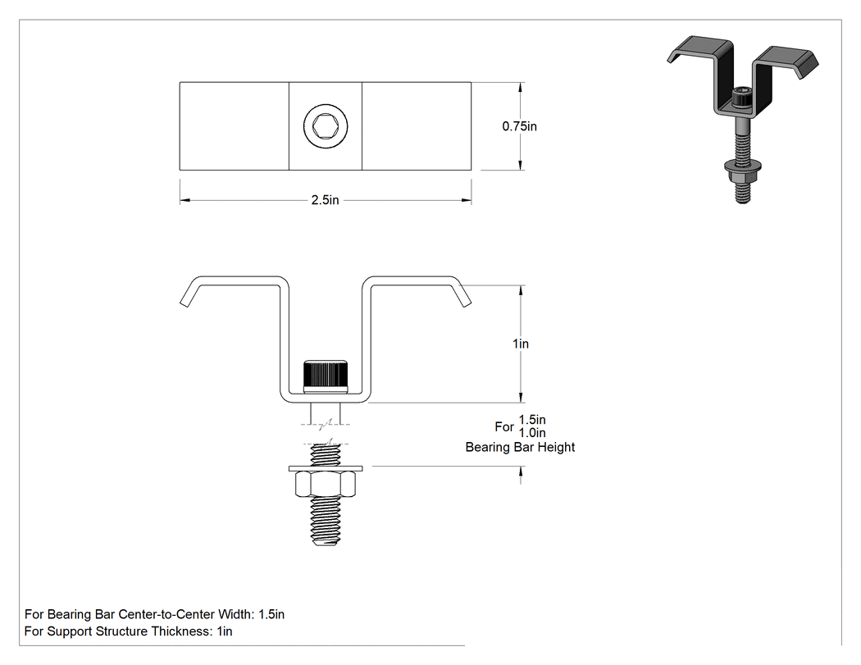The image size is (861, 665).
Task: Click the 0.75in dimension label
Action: tap(519, 126)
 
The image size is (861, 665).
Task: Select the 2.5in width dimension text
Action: tap(325, 200)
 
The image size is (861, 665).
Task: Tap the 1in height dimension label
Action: tap(521, 344)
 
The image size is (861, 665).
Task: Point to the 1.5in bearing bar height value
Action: tap(532, 420)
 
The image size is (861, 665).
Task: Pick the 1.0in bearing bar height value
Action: tap(532, 433)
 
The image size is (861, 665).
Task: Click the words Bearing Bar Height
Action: tap(520, 447)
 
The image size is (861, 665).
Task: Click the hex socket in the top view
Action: tap(325, 125)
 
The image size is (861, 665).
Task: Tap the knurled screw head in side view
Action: tap(326, 376)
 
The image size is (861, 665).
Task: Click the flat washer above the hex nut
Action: tap(326, 468)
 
